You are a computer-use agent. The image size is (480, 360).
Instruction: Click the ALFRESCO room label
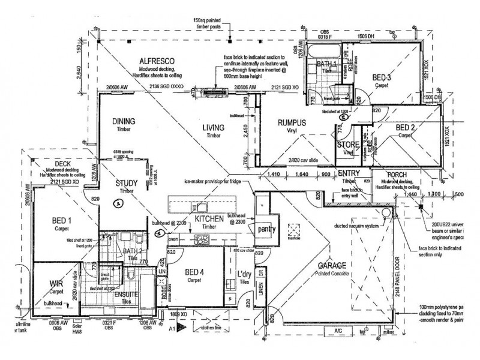tap(157, 61)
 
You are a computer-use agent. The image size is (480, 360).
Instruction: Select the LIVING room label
tap(212, 127)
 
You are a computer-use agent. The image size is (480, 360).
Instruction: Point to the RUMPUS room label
tap(292, 123)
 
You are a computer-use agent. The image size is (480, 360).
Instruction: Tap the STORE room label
tap(347, 145)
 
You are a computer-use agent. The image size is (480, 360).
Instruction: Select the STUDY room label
tap(127, 183)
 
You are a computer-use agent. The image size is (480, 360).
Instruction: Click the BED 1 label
tap(61, 220)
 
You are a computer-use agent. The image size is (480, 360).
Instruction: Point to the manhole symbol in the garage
tap(294, 230)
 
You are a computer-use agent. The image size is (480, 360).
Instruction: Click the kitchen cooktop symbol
tap(201, 241)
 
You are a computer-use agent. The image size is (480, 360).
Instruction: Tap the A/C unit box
tap(332, 331)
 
